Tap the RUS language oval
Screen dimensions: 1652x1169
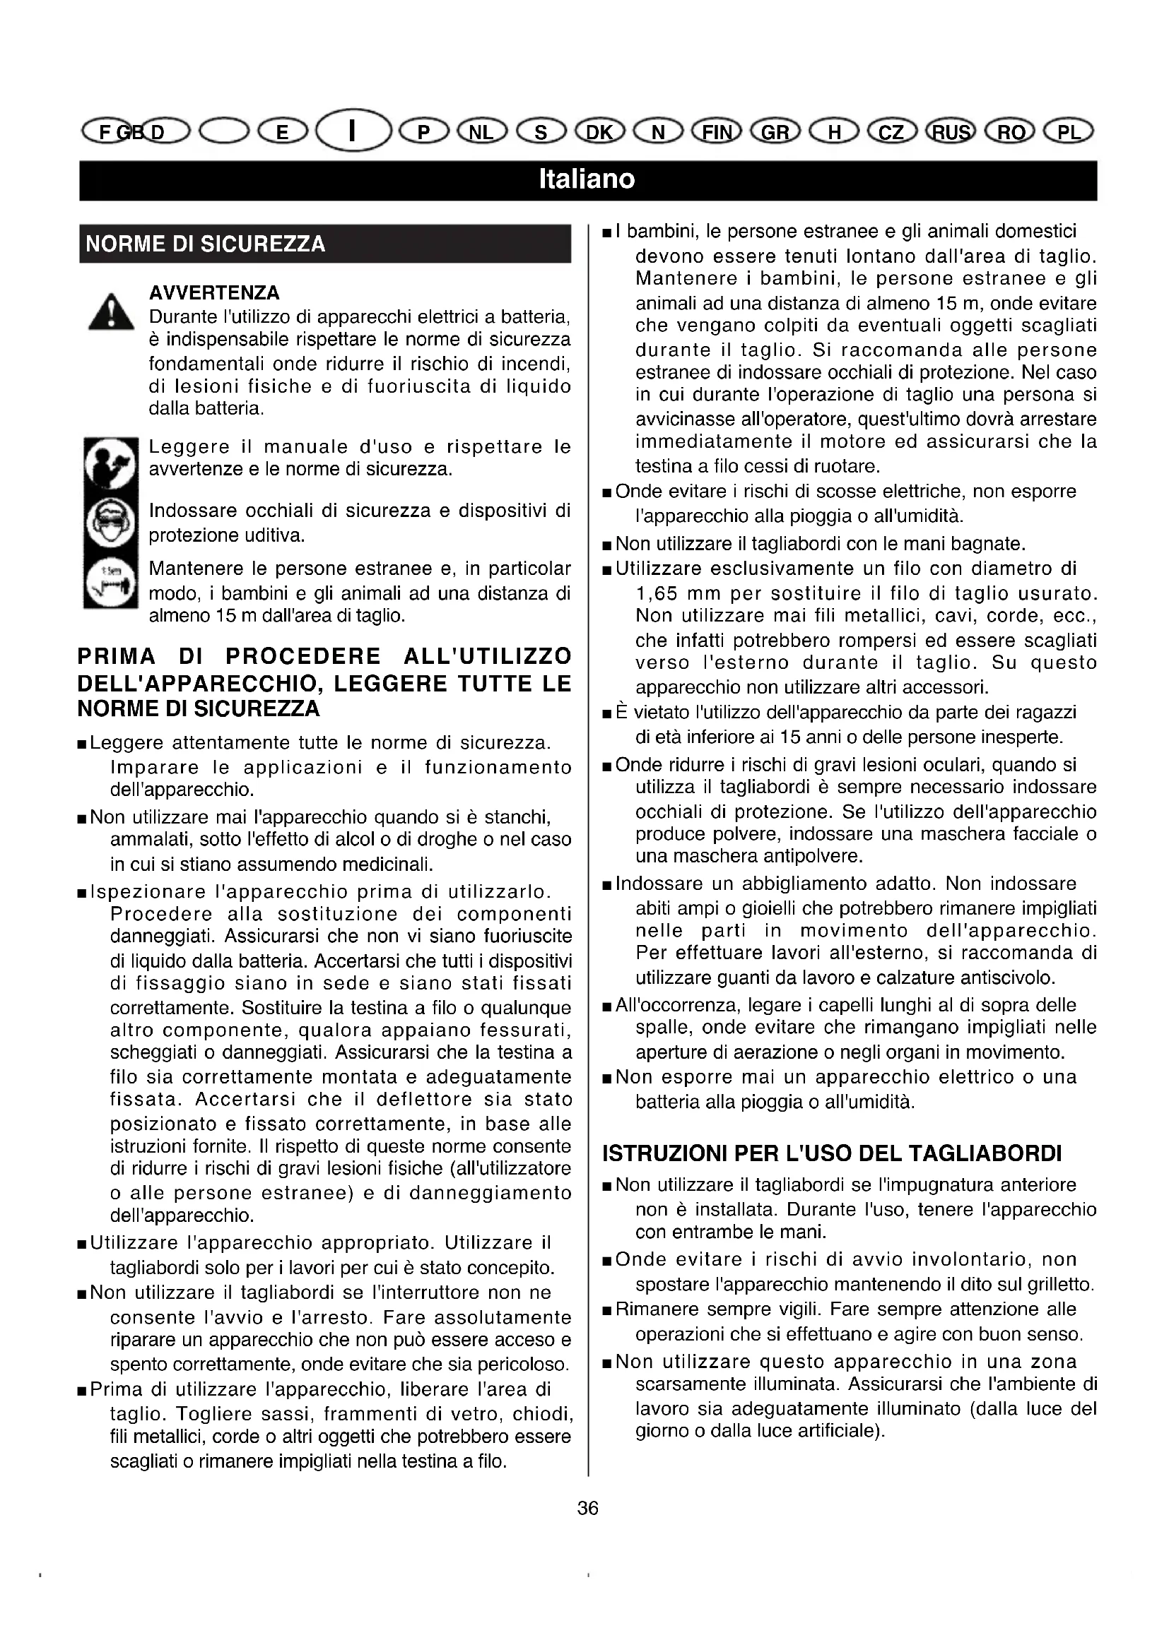pyautogui.click(x=951, y=131)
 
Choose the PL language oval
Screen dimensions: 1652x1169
pyautogui.click(x=1069, y=131)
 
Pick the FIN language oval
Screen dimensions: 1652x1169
pyautogui.click(x=716, y=131)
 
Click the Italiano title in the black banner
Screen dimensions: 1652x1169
pyautogui.click(x=587, y=179)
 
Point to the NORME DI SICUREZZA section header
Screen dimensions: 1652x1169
pyautogui.click(x=206, y=244)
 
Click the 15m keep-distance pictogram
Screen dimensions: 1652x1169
pyautogui.click(x=110, y=582)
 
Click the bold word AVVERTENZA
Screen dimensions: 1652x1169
pyautogui.click(x=213, y=293)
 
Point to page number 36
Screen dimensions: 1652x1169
pyautogui.click(x=587, y=1508)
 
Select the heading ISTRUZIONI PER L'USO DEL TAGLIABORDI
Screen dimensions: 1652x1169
pyautogui.click(x=831, y=1153)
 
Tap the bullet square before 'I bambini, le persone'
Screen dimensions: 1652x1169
pyautogui.click(x=607, y=233)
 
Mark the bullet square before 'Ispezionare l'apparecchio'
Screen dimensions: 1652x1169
pyautogui.click(x=81, y=893)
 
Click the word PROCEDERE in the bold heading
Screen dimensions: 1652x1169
pyautogui.click(x=303, y=656)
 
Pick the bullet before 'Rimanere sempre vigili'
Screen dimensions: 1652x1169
pyautogui.click(x=607, y=1310)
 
